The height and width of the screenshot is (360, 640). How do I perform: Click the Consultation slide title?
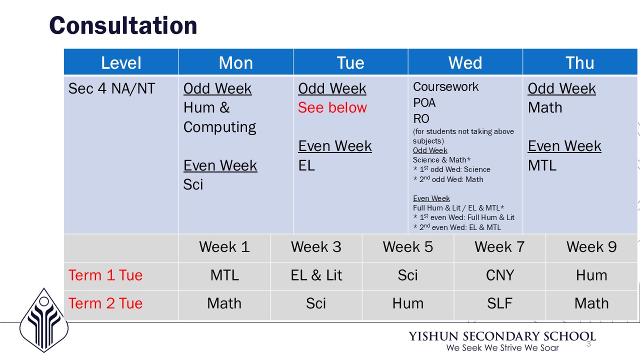pos(123,25)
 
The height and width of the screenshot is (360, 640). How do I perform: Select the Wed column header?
pos(465,62)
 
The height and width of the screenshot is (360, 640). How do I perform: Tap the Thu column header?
pos(579,62)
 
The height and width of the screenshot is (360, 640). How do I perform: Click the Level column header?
pos(121,62)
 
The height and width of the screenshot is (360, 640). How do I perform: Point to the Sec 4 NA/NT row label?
pos(111,88)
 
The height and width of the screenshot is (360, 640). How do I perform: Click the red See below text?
pos(332,107)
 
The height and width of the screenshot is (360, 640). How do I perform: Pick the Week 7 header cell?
pos(499,247)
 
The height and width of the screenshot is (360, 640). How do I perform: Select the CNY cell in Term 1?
pos(499,275)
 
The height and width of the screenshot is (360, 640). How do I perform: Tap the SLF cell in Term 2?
pos(499,303)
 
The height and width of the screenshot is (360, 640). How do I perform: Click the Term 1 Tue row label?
pos(105,275)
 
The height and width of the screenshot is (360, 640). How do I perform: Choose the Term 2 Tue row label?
pos(105,303)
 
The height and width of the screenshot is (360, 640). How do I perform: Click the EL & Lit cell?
pos(316,275)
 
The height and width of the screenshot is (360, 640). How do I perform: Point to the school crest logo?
pos(44,320)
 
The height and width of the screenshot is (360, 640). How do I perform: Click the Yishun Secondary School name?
pos(502,336)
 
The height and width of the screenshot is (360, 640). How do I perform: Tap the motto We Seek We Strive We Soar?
pos(502,347)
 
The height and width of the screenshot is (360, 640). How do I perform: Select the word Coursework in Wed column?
pos(445,87)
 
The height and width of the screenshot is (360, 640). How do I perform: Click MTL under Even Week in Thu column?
pos(542,165)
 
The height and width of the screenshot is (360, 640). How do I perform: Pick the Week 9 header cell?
pos(591,247)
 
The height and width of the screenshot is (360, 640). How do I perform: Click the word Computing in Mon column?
pos(219,127)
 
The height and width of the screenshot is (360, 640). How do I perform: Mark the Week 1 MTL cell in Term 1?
pos(224,275)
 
